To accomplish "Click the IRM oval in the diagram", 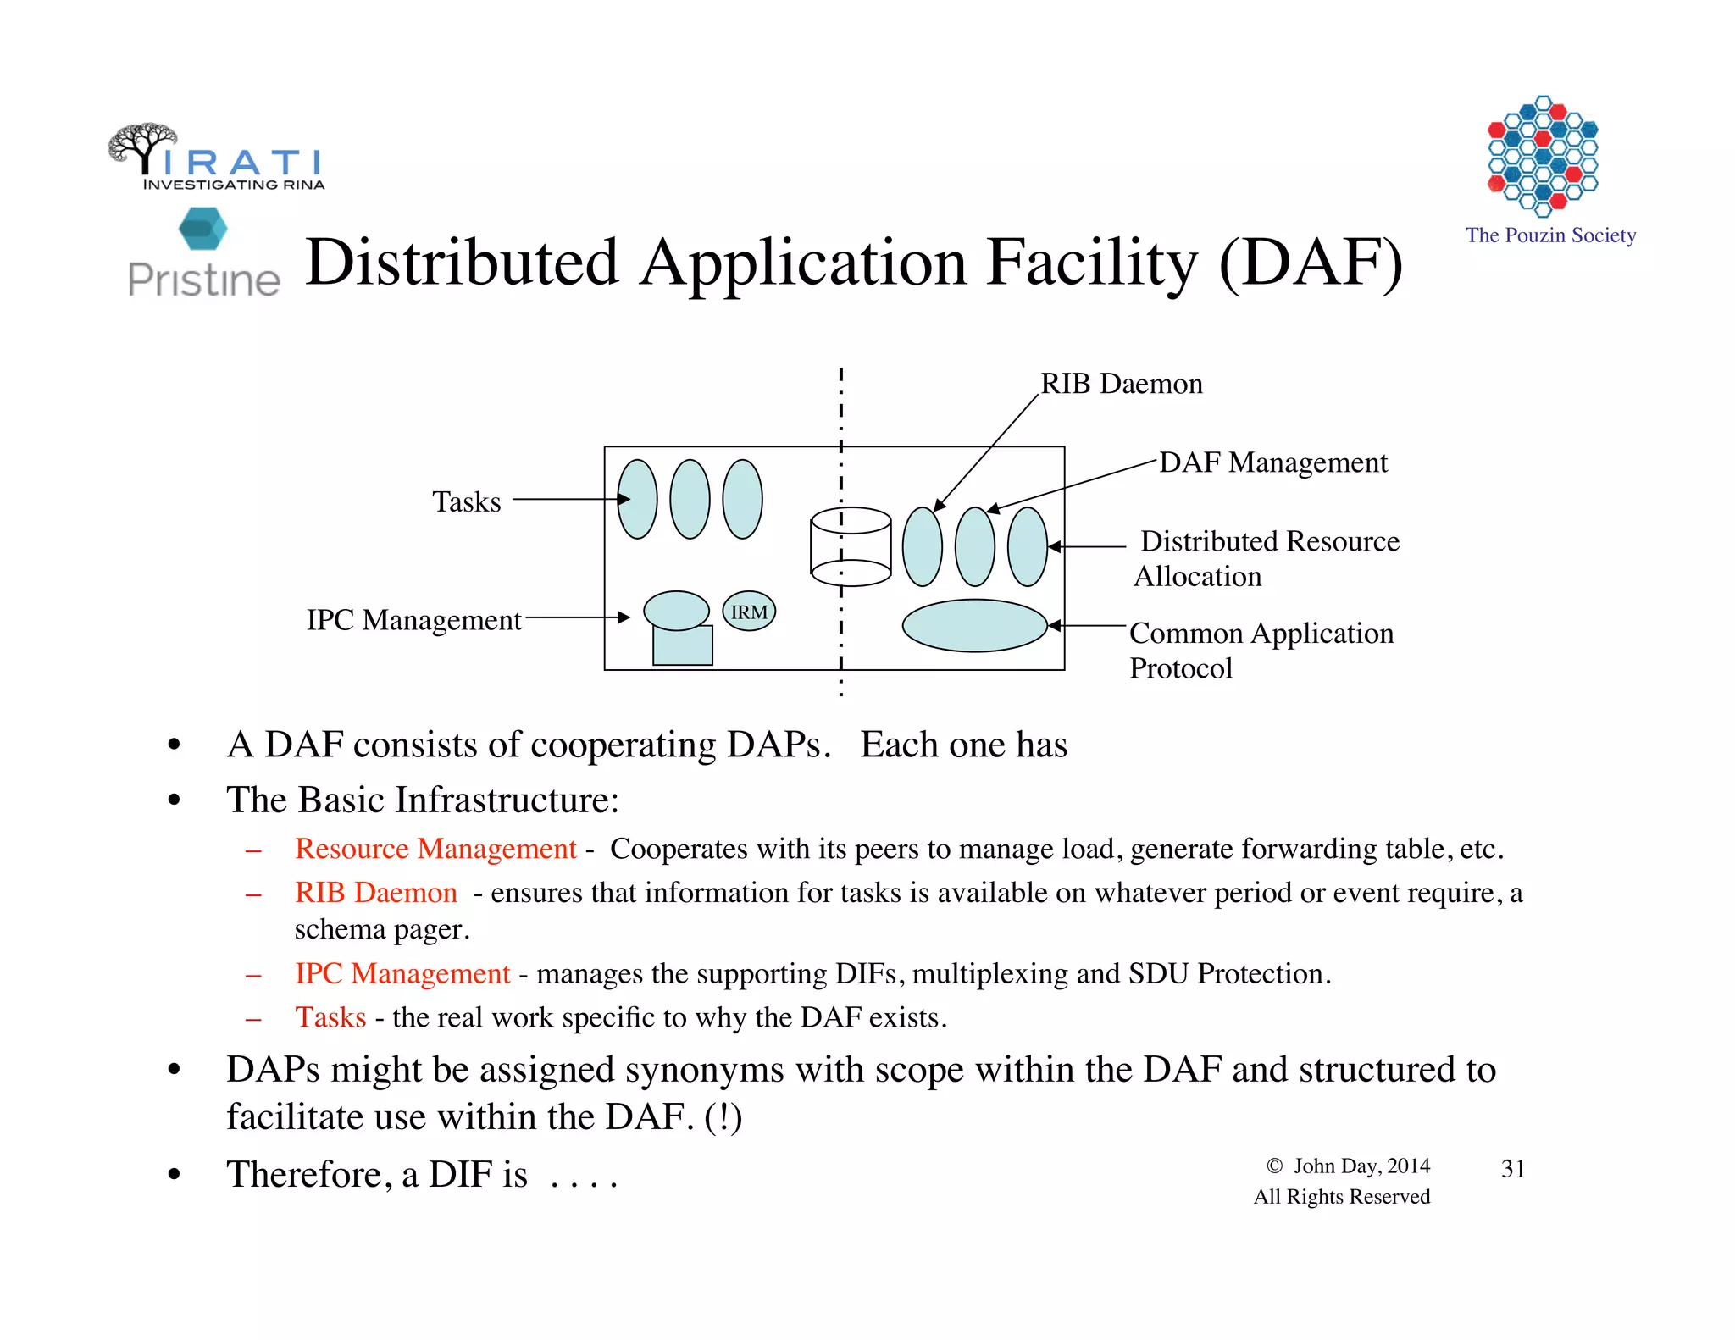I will (x=749, y=612).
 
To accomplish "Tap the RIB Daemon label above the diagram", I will (x=1121, y=384).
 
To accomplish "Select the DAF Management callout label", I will (x=1272, y=462).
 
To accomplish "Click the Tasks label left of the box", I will (x=467, y=501).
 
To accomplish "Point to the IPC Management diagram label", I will (x=413, y=620).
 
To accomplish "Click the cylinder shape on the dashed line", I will (x=851, y=546).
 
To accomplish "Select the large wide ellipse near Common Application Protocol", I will (x=974, y=626).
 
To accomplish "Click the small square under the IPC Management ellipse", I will (x=683, y=647).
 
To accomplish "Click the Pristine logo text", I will (x=203, y=280).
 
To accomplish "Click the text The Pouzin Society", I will (x=1550, y=235).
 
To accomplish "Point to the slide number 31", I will (x=1513, y=1169).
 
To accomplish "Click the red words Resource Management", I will (x=435, y=849).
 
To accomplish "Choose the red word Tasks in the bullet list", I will (x=330, y=1017).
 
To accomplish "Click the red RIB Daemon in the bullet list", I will (x=375, y=893).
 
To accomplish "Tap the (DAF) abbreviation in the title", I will (x=1311, y=263).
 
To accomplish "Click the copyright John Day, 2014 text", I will (x=1349, y=1166).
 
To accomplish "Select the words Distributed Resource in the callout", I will (x=1269, y=541).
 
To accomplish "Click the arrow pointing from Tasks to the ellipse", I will (x=568, y=500).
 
